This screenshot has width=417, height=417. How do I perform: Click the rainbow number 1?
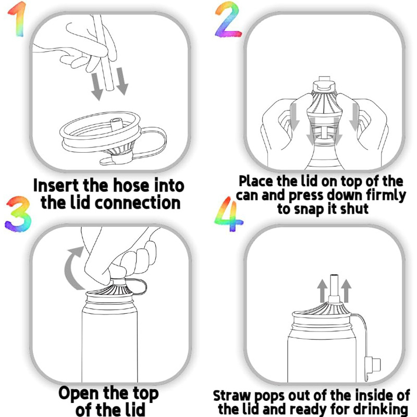19,19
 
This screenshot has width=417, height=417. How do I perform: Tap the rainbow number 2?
228,19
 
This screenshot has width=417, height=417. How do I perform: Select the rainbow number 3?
18,214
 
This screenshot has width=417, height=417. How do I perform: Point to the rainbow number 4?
228,214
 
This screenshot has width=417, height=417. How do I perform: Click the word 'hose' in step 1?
131,186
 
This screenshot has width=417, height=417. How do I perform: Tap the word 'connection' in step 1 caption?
138,203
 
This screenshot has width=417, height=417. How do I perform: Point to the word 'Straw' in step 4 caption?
231,396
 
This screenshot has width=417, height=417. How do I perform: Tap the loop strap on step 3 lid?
139,286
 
